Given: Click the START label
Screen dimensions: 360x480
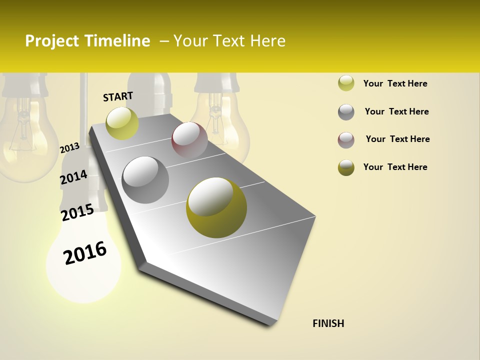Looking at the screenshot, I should click(118, 96).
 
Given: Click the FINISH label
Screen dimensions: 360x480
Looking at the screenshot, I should click(328, 323).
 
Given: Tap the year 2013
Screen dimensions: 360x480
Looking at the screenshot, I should click(69, 148).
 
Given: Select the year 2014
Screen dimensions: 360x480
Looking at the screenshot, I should click(73, 177).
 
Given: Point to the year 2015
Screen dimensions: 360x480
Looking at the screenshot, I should click(77, 212).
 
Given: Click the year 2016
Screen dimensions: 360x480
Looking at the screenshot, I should click(85, 253).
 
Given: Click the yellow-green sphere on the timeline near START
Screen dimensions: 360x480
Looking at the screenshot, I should click(122, 123).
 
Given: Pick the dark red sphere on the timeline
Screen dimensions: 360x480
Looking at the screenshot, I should click(189, 140).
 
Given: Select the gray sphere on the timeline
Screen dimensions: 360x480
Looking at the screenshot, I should click(145, 180).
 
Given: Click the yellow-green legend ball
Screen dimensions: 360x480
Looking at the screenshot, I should click(346, 83).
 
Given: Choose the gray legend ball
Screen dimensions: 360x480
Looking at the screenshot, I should click(346, 112).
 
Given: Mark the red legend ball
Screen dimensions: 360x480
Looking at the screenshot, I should click(346, 140).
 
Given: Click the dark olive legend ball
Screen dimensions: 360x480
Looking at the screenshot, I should click(346, 167).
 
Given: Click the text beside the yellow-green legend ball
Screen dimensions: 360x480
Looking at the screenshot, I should click(395, 83).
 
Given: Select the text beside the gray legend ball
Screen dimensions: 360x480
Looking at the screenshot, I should click(396, 111).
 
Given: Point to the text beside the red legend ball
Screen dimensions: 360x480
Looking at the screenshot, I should click(397, 139).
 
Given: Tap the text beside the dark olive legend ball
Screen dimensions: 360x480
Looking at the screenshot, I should click(395, 167).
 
